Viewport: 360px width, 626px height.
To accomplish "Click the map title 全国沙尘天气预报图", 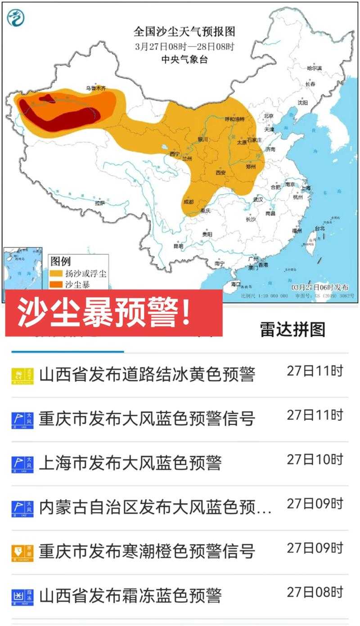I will pos(184,32).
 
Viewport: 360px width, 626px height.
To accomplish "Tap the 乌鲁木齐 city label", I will pos(96,88).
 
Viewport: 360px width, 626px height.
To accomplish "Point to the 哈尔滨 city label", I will pos(314,68).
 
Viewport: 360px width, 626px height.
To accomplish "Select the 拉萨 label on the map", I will pos(99,203).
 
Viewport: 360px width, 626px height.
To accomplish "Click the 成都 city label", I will pos(189,202).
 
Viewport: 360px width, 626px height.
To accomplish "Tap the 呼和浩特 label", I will pos(234,119).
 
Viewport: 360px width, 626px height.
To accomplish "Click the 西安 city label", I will pos(221,172).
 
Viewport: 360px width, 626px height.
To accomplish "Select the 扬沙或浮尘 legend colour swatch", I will pos(56,273).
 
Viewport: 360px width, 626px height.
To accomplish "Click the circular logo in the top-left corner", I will pos(16,18).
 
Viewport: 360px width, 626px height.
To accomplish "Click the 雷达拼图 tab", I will pos(292,329).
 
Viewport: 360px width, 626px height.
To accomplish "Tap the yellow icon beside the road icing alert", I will pos(22,376).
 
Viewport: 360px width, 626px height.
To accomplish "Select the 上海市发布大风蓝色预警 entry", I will pos(130,463).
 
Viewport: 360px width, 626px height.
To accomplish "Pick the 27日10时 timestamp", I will pos(315,459).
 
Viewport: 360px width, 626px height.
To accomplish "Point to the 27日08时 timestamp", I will pos(315,592).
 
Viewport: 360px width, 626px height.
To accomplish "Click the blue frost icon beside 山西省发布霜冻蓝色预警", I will pos(22,597).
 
